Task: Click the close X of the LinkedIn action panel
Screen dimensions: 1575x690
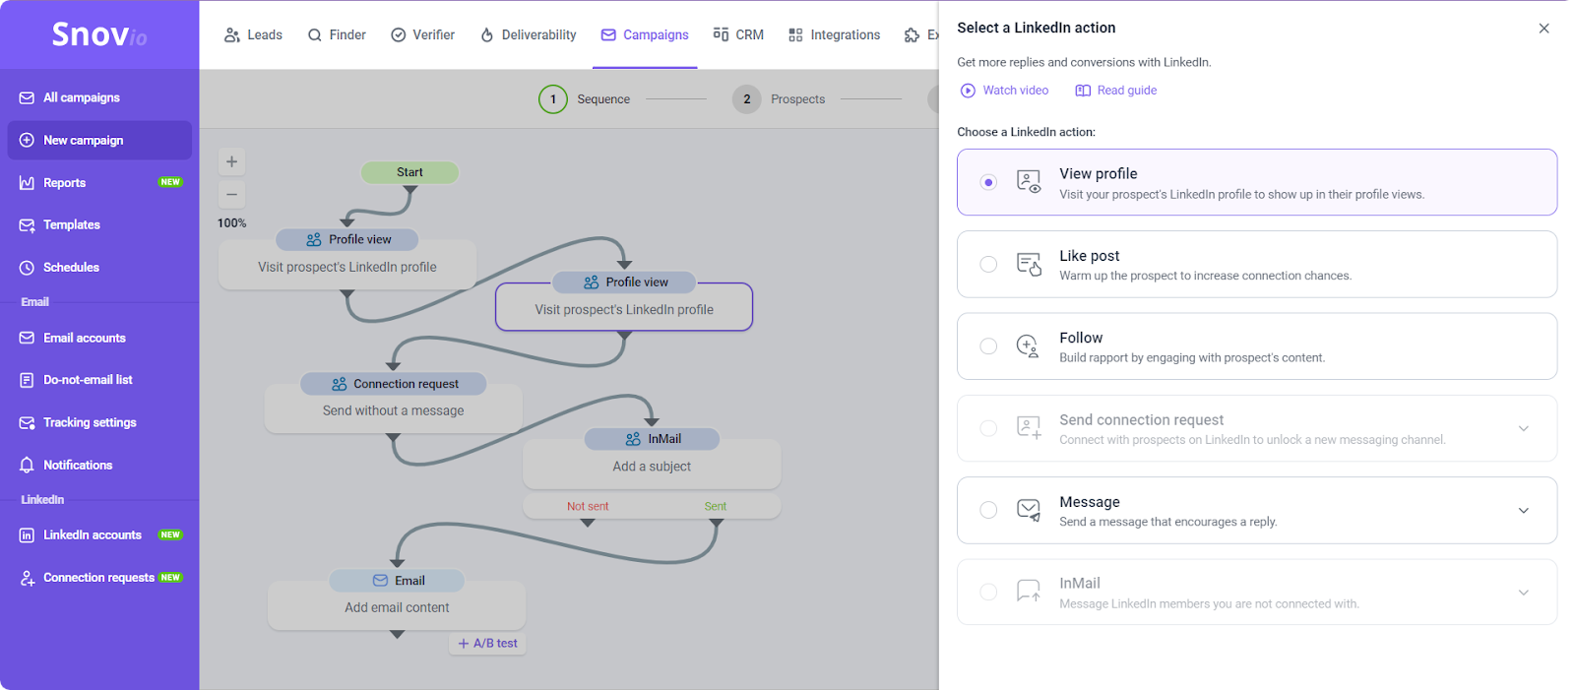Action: pyautogui.click(x=1543, y=29)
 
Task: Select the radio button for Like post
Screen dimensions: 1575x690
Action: pyautogui.click(x=988, y=264)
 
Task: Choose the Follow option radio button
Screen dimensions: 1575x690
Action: pyautogui.click(x=988, y=346)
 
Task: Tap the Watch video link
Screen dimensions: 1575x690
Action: pyautogui.click(x=1004, y=90)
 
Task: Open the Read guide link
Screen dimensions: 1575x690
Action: pyautogui.click(x=1116, y=90)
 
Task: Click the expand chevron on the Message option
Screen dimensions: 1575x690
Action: pyautogui.click(x=1523, y=511)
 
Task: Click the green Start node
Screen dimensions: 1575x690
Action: pyautogui.click(x=409, y=172)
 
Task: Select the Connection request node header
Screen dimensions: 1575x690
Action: pyautogui.click(x=394, y=384)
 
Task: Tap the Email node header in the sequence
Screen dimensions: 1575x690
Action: pyautogui.click(x=398, y=581)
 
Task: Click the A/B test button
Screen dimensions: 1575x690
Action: pyautogui.click(x=487, y=643)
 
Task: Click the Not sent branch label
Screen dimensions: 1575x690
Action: pyautogui.click(x=588, y=506)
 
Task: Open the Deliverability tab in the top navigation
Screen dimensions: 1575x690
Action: pyautogui.click(x=528, y=35)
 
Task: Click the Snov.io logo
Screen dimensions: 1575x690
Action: pyautogui.click(x=99, y=33)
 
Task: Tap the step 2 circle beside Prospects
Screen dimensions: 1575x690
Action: pyautogui.click(x=747, y=99)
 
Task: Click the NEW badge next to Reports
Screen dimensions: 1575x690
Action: pyautogui.click(x=170, y=182)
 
